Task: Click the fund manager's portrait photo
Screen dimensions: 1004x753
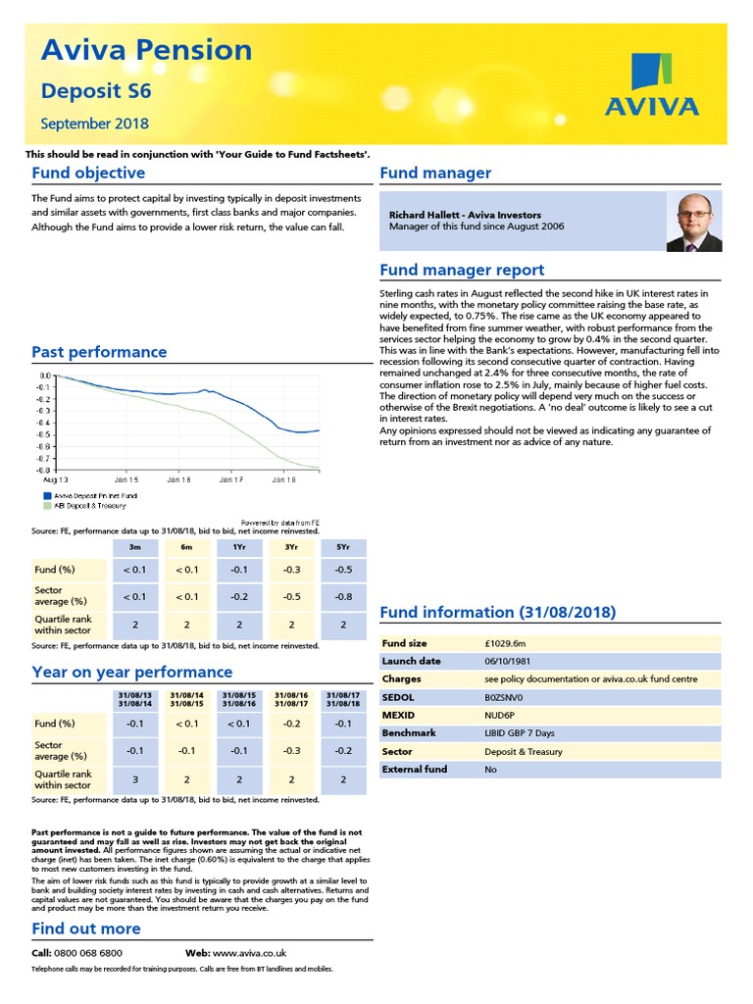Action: click(x=693, y=222)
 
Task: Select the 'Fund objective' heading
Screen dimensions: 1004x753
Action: click(x=88, y=174)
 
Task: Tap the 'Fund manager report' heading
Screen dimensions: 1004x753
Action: click(x=461, y=271)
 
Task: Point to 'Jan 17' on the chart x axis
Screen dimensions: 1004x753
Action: click(x=230, y=480)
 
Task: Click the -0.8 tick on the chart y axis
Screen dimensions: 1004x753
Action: click(x=45, y=470)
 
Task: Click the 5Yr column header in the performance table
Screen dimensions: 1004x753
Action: click(x=343, y=546)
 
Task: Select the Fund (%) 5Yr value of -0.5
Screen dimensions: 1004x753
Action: click(x=343, y=570)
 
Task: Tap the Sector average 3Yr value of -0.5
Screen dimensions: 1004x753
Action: click(x=290, y=596)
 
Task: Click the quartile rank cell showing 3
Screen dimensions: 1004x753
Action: click(x=134, y=779)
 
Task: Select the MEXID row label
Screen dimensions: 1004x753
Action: click(x=399, y=715)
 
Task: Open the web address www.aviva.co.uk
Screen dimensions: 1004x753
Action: click(x=249, y=953)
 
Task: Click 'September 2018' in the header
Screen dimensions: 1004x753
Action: click(x=95, y=124)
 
